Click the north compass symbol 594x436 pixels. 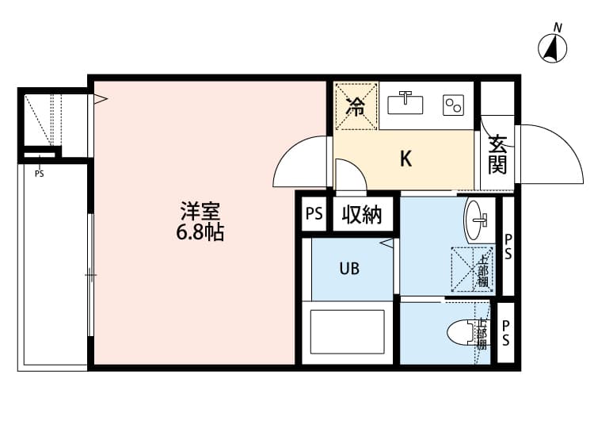(x=554, y=48)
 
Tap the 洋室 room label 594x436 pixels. (x=199, y=212)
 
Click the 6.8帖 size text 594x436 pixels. (x=199, y=232)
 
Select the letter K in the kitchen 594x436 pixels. (x=405, y=159)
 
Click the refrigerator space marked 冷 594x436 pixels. (x=356, y=105)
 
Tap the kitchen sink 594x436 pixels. (x=409, y=103)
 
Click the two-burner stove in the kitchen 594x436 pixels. (x=453, y=105)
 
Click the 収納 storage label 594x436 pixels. (x=362, y=214)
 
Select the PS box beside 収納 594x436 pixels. (x=314, y=214)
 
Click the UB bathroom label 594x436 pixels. (x=349, y=269)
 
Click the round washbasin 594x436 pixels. (x=478, y=220)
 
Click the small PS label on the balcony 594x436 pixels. (x=39, y=174)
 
